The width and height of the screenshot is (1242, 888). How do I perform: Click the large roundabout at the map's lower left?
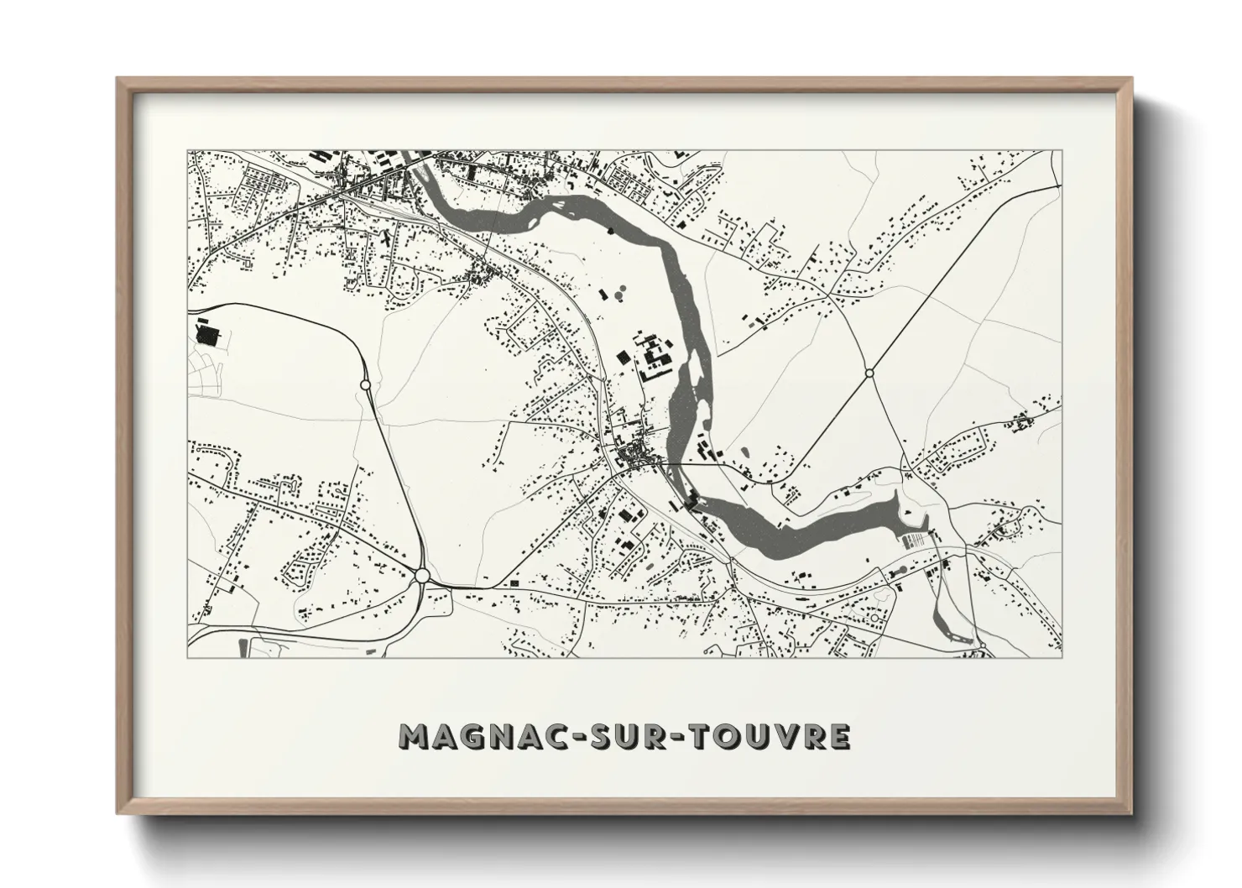(x=422, y=575)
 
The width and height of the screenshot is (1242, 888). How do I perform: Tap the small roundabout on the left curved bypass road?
(x=365, y=384)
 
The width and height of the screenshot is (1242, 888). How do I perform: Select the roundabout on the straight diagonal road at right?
(x=869, y=373)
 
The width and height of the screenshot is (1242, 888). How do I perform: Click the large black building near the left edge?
(x=206, y=334)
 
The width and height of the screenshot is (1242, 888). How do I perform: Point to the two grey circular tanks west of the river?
(x=621, y=294)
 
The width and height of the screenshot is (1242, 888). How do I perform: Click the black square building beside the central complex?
(x=623, y=356)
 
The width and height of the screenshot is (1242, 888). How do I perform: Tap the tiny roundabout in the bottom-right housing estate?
(x=875, y=619)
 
